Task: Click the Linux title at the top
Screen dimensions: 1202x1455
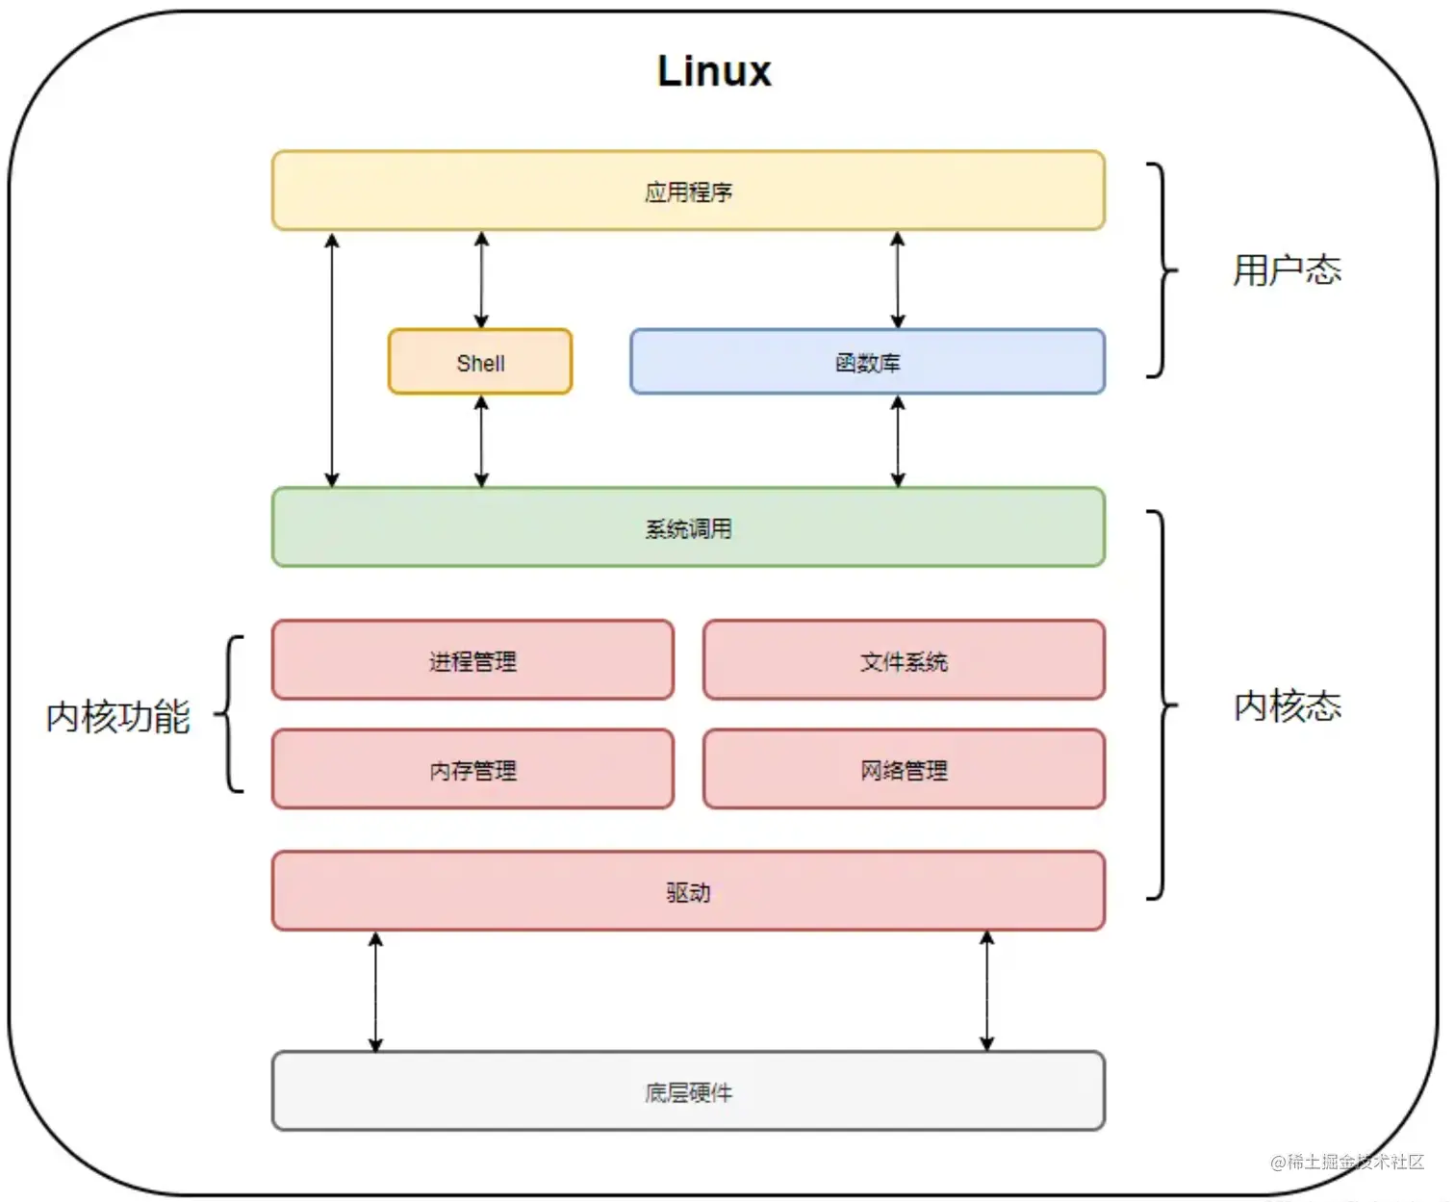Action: tap(713, 71)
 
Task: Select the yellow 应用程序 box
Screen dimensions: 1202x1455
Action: tap(688, 191)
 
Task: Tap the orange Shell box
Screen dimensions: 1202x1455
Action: tap(480, 362)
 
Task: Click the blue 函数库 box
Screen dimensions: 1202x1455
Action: tap(867, 362)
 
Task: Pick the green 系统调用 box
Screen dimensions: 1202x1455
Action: tap(688, 527)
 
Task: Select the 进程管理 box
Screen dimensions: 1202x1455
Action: tap(472, 660)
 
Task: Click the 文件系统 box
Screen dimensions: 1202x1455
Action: tap(904, 660)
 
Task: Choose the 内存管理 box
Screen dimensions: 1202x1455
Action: tap(472, 769)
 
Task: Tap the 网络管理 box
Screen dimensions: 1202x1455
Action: tap(904, 769)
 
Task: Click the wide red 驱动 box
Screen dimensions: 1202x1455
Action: tap(688, 891)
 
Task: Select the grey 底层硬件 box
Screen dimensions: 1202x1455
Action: tap(688, 1091)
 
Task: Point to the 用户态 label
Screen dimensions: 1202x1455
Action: tap(1287, 270)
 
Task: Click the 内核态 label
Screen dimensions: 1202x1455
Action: tap(1287, 705)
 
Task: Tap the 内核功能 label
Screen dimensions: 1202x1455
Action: tap(118, 716)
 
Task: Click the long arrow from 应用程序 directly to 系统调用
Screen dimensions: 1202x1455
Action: tap(332, 359)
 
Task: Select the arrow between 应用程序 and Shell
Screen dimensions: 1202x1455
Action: tap(481, 279)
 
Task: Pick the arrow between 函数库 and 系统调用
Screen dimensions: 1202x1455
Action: tap(897, 441)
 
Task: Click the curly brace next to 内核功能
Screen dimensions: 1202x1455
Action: tap(231, 714)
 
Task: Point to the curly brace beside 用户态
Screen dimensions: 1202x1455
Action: tap(1161, 270)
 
